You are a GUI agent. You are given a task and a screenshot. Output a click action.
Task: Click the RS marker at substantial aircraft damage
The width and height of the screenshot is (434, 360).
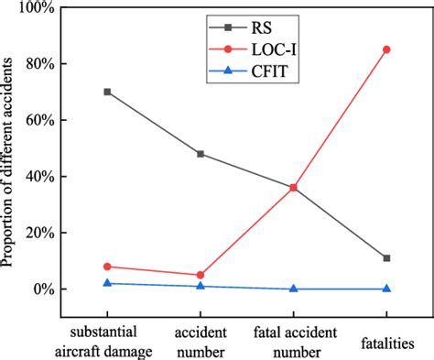pyautogui.click(x=108, y=92)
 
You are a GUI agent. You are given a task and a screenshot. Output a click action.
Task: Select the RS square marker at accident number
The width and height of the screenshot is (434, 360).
pyautogui.click(x=201, y=154)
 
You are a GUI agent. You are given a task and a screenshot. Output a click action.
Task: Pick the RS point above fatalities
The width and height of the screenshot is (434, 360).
pyautogui.click(x=386, y=258)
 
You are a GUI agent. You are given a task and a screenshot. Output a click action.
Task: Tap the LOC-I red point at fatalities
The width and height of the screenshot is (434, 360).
pyautogui.click(x=386, y=49)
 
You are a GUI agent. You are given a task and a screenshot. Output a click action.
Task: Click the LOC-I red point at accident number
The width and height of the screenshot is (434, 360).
pyautogui.click(x=201, y=275)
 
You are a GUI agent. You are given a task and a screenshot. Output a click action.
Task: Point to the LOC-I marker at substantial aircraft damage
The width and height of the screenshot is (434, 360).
pyautogui.click(x=108, y=267)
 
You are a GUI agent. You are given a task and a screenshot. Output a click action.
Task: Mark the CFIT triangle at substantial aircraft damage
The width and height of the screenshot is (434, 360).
pyautogui.click(x=108, y=283)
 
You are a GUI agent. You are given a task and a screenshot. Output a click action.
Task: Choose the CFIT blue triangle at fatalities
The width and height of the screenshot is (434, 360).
pyautogui.click(x=386, y=289)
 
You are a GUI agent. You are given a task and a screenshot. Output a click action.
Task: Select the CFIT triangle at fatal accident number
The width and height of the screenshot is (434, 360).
pyautogui.click(x=293, y=289)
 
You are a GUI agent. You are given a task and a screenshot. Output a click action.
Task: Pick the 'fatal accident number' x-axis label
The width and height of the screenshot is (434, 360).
pyautogui.click(x=293, y=334)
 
